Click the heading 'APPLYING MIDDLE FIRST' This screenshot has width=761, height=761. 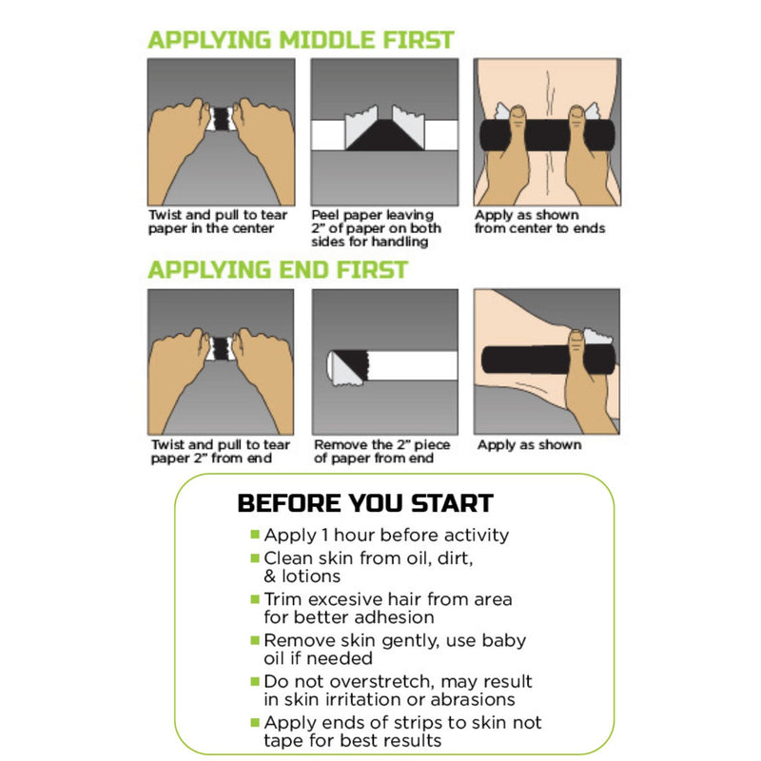tap(301, 40)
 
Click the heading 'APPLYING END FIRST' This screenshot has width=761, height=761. tap(277, 269)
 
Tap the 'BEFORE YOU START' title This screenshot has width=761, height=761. tap(364, 503)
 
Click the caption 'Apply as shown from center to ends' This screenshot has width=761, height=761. tap(539, 222)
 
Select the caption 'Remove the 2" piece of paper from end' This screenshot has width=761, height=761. tap(381, 452)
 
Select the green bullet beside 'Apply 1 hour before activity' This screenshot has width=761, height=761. tap(254, 536)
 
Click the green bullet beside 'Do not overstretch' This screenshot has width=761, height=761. tap(254, 682)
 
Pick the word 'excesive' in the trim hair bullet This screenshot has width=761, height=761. tap(342, 599)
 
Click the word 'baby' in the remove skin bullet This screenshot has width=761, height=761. tap(505, 640)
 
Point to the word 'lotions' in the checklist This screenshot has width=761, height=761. tap(310, 576)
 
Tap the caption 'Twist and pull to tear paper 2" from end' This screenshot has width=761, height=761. tap(219, 452)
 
